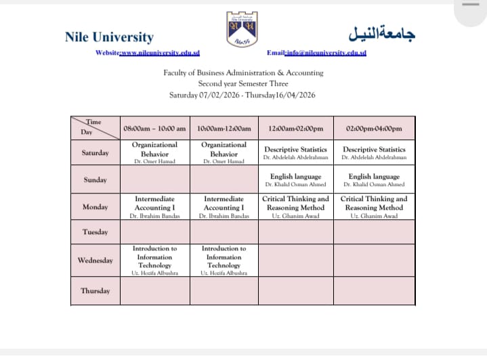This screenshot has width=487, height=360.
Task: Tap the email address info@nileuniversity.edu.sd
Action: pyautogui.click(x=326, y=53)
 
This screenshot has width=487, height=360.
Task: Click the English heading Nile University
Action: pyautogui.click(x=109, y=37)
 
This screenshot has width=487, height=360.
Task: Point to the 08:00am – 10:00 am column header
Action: pyautogui.click(x=154, y=129)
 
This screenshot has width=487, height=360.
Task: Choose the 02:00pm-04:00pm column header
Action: pyautogui.click(x=374, y=129)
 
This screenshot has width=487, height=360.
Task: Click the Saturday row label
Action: pyautogui.click(x=96, y=153)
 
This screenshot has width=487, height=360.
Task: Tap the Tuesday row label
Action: pyautogui.click(x=96, y=232)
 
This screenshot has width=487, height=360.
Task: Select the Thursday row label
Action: pyautogui.click(x=96, y=291)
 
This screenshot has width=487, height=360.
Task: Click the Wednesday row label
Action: pyautogui.click(x=96, y=261)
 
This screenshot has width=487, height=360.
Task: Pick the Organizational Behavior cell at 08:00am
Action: pyautogui.click(x=154, y=153)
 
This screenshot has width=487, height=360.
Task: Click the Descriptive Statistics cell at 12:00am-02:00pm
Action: pyautogui.click(x=295, y=153)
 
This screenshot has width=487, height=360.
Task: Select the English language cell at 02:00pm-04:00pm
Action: pyautogui.click(x=374, y=180)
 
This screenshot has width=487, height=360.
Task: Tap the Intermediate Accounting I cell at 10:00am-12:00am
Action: pyautogui.click(x=224, y=207)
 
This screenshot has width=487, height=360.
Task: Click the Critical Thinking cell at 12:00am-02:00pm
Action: pyautogui.click(x=295, y=207)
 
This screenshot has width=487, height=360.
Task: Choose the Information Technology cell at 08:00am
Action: pyautogui.click(x=154, y=261)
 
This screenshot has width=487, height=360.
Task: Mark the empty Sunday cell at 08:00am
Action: pyautogui.click(x=154, y=180)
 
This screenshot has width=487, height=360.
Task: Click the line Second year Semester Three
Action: pyautogui.click(x=243, y=84)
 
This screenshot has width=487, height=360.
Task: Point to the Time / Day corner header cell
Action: pyautogui.click(x=96, y=128)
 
